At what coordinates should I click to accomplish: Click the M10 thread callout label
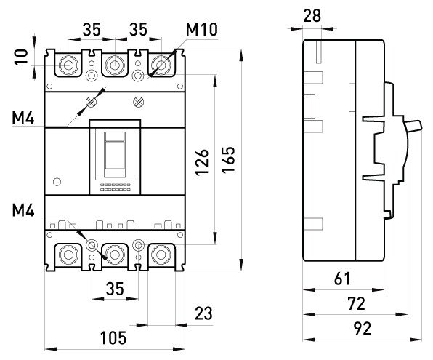click(x=202, y=30)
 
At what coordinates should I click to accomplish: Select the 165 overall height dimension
click(x=228, y=159)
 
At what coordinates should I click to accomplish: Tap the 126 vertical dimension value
click(x=202, y=162)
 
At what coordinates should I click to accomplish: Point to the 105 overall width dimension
click(x=113, y=338)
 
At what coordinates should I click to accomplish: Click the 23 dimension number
click(x=204, y=313)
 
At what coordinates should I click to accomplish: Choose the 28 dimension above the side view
click(x=312, y=15)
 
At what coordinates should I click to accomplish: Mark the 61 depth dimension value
click(x=342, y=279)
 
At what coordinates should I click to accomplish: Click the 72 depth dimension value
click(x=357, y=303)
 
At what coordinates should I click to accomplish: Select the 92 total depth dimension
click(x=363, y=329)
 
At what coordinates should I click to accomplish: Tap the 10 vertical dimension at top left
click(x=21, y=57)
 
